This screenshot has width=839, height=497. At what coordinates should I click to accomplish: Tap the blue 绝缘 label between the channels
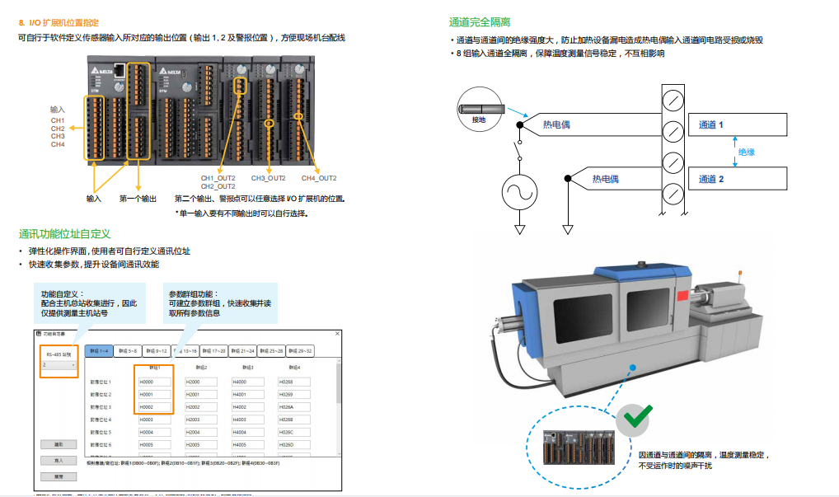[x=747, y=152]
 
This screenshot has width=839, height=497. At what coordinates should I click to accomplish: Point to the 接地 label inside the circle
[x=479, y=120]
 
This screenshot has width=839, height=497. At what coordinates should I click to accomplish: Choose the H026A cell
[x=292, y=407]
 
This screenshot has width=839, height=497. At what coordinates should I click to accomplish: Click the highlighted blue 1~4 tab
[x=99, y=351]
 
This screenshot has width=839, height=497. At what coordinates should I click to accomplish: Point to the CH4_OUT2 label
[x=319, y=178]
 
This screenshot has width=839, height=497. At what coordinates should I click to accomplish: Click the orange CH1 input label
[x=58, y=121]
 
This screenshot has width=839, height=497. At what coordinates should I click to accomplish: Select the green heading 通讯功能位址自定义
[x=64, y=234]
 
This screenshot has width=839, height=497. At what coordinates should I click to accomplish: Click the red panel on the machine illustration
[x=682, y=295]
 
